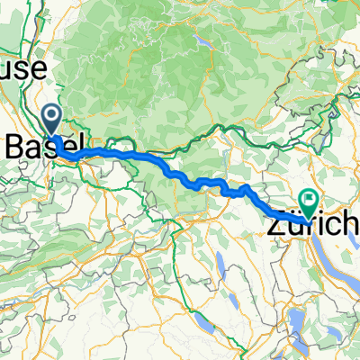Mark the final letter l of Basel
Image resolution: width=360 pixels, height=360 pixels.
pyautogui.click(x=81, y=144)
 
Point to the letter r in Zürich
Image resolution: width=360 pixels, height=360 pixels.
pyautogui.click(x=301, y=222)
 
